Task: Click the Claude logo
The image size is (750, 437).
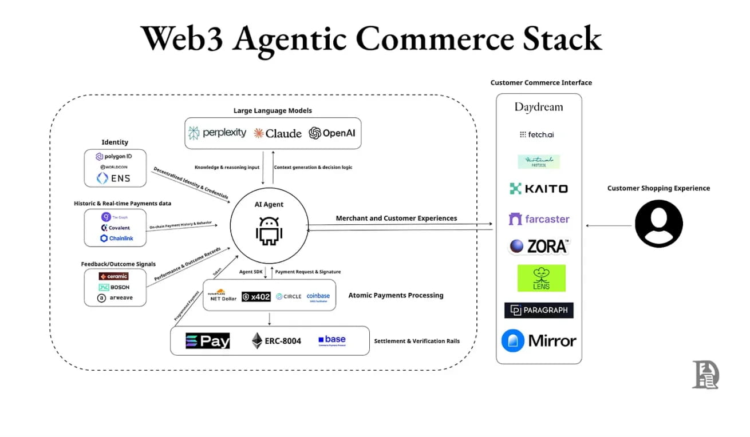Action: coord(277,133)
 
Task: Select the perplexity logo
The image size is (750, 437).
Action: coord(218,133)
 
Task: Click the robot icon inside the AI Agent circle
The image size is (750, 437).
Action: coord(269,230)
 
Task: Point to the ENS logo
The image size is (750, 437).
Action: coord(113,178)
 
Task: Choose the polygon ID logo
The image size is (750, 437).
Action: coord(114,156)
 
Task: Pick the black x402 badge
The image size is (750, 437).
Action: coord(256,296)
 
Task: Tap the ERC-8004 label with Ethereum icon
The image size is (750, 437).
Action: coord(276,341)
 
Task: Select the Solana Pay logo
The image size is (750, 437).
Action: coord(207,341)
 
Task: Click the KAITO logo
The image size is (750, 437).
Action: coord(538,189)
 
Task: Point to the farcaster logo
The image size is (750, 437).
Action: coord(539,219)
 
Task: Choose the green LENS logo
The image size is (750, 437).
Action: coord(541,278)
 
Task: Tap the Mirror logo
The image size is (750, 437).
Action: coord(538,341)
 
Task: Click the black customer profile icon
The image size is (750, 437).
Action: coord(658,224)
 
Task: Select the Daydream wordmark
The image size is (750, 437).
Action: coord(538,107)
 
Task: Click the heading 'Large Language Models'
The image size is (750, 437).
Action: coord(273,110)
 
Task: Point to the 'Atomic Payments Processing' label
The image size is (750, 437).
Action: coord(396,296)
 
